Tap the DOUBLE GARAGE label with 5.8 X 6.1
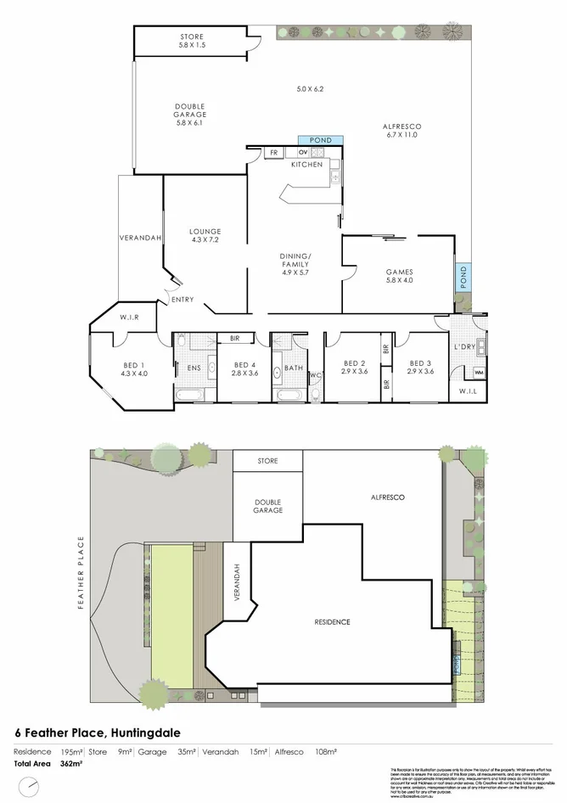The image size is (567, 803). pyautogui.click(x=191, y=114)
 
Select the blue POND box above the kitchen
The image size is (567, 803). pyautogui.click(x=320, y=140)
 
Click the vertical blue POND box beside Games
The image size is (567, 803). pyautogui.click(x=463, y=278)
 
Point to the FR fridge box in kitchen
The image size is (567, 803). pyautogui.click(x=273, y=153)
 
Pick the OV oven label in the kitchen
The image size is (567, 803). pyautogui.click(x=302, y=153)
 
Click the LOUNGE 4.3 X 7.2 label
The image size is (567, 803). pyautogui.click(x=205, y=236)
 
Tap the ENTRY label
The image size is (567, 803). pyautogui.click(x=182, y=300)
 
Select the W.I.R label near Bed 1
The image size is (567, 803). pyautogui.click(x=130, y=317)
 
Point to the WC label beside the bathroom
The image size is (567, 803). pyautogui.click(x=314, y=374)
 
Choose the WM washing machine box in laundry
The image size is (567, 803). pyautogui.click(x=479, y=373)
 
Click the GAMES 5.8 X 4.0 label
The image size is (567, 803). pyautogui.click(x=399, y=277)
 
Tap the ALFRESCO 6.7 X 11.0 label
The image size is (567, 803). pyautogui.click(x=403, y=131)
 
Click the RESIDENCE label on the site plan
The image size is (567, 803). pyautogui.click(x=332, y=622)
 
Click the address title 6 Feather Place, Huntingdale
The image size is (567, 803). pyautogui.click(x=98, y=732)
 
